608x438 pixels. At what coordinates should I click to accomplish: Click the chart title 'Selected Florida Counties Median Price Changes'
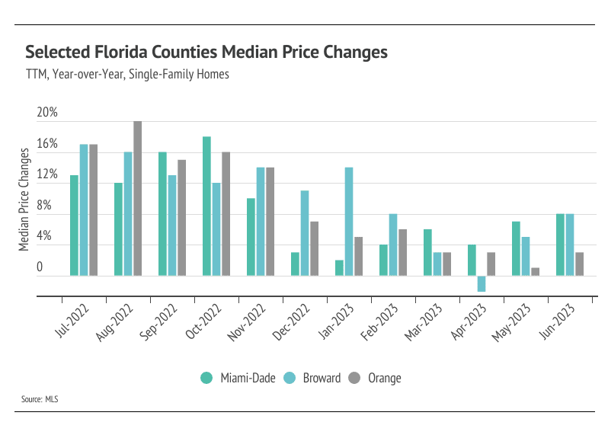206,53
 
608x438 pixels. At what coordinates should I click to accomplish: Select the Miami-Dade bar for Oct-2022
206,206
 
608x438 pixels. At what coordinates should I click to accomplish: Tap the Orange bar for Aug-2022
137,198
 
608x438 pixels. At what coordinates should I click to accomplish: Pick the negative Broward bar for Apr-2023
482,283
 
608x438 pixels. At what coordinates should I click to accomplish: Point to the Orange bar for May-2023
535,271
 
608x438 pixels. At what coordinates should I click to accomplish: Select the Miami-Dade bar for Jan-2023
339,267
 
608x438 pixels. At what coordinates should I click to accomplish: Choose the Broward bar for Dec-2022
305,232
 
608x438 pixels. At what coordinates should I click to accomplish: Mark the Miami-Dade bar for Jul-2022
74,225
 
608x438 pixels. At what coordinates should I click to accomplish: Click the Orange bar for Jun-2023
580,264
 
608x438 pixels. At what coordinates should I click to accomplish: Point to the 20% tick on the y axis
47,113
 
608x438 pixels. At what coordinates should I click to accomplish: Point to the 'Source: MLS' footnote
40,399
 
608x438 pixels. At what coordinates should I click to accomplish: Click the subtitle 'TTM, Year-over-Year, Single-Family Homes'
127,75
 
